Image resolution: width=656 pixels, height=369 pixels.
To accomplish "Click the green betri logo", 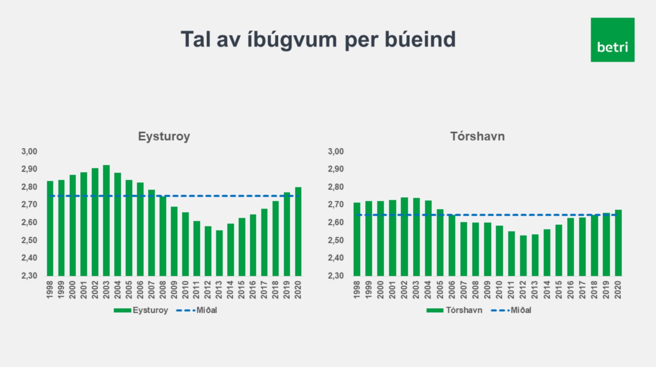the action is tap(612, 40).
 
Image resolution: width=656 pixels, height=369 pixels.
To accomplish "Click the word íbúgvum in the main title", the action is tap(292, 40).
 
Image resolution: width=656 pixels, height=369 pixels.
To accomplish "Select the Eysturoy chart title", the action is tap(164, 136).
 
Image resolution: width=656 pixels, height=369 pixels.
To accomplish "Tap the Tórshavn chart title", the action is tap(478, 136).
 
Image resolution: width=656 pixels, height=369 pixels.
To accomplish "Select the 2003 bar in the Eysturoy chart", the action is tap(107, 221).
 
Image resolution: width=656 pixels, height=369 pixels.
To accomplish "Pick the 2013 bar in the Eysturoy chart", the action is tap(219, 253).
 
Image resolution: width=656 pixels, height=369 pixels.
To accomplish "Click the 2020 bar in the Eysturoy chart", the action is tap(298, 232).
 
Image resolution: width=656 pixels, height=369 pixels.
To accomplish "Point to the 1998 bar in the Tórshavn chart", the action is tap(357, 239).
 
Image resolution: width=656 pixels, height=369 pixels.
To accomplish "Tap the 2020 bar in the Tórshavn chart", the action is tap(618, 243).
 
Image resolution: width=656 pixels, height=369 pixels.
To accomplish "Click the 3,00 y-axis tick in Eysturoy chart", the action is tap(29, 151).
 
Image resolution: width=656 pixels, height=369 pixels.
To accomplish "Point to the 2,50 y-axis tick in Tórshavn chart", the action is tap(336, 240).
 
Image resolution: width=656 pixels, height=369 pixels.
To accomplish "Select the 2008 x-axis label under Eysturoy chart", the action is tap(163, 290).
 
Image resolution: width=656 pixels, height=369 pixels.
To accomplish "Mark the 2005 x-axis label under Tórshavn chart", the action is tap(440, 290).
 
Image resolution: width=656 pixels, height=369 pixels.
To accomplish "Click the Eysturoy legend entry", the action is tap(141, 310).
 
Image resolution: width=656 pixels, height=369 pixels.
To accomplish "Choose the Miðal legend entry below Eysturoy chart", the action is tap(197, 310).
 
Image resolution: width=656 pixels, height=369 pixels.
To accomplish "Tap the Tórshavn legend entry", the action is tap(454, 310).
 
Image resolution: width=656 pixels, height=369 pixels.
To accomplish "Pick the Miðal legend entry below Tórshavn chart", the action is tap(511, 310).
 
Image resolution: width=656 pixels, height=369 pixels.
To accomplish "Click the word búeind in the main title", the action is tap(420, 39).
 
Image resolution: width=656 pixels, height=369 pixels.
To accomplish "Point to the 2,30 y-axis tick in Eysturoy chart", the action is tap(29, 276).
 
